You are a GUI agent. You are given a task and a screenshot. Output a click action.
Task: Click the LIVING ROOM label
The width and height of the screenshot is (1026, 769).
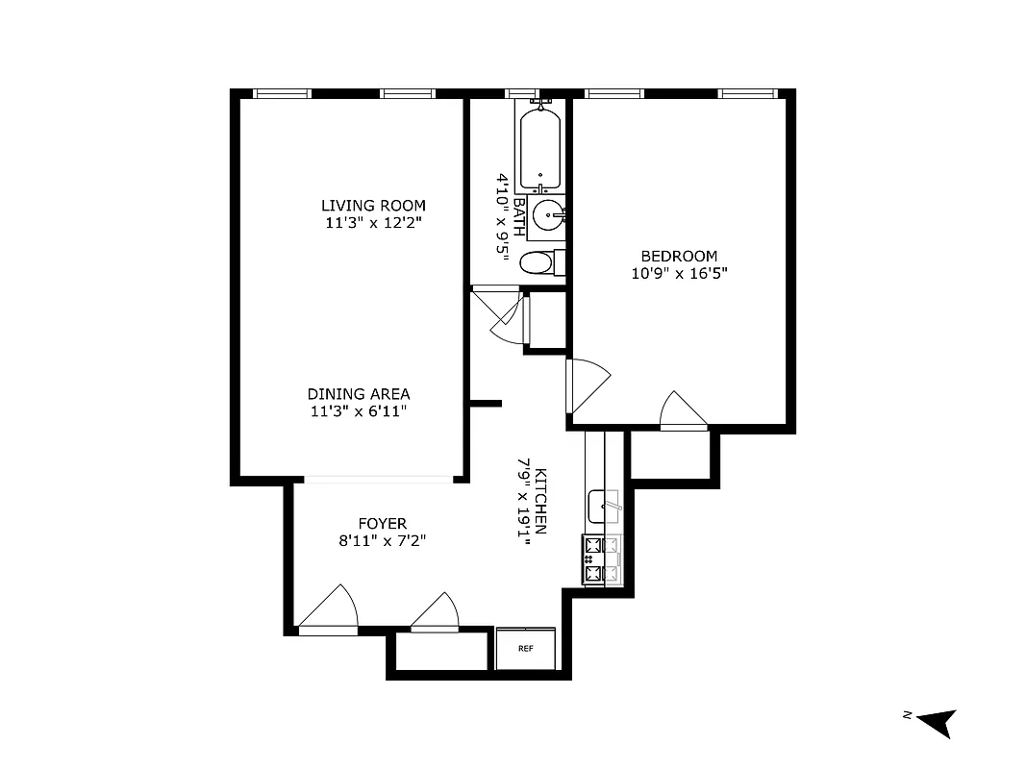[373, 206]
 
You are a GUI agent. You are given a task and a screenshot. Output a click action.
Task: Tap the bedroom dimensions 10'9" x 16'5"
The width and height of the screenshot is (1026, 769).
[679, 273]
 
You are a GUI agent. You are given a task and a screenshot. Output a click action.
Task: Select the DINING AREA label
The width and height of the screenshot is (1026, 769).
[359, 394]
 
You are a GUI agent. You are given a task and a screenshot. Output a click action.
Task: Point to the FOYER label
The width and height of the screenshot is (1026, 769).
[382, 523]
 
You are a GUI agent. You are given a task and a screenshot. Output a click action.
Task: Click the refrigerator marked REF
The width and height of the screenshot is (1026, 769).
[526, 649]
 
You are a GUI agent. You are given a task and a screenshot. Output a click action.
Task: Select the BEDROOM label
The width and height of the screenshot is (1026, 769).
[679, 256]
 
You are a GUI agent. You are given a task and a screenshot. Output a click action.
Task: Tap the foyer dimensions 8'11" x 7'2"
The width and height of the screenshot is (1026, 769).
[382, 540]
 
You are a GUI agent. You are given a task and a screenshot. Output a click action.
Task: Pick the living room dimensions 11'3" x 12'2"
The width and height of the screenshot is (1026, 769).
[373, 223]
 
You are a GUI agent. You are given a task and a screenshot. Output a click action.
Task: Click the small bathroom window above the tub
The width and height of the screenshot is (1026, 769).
[521, 93]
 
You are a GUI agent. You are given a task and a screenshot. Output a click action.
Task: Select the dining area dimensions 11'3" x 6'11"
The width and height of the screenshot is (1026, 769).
[359, 411]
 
